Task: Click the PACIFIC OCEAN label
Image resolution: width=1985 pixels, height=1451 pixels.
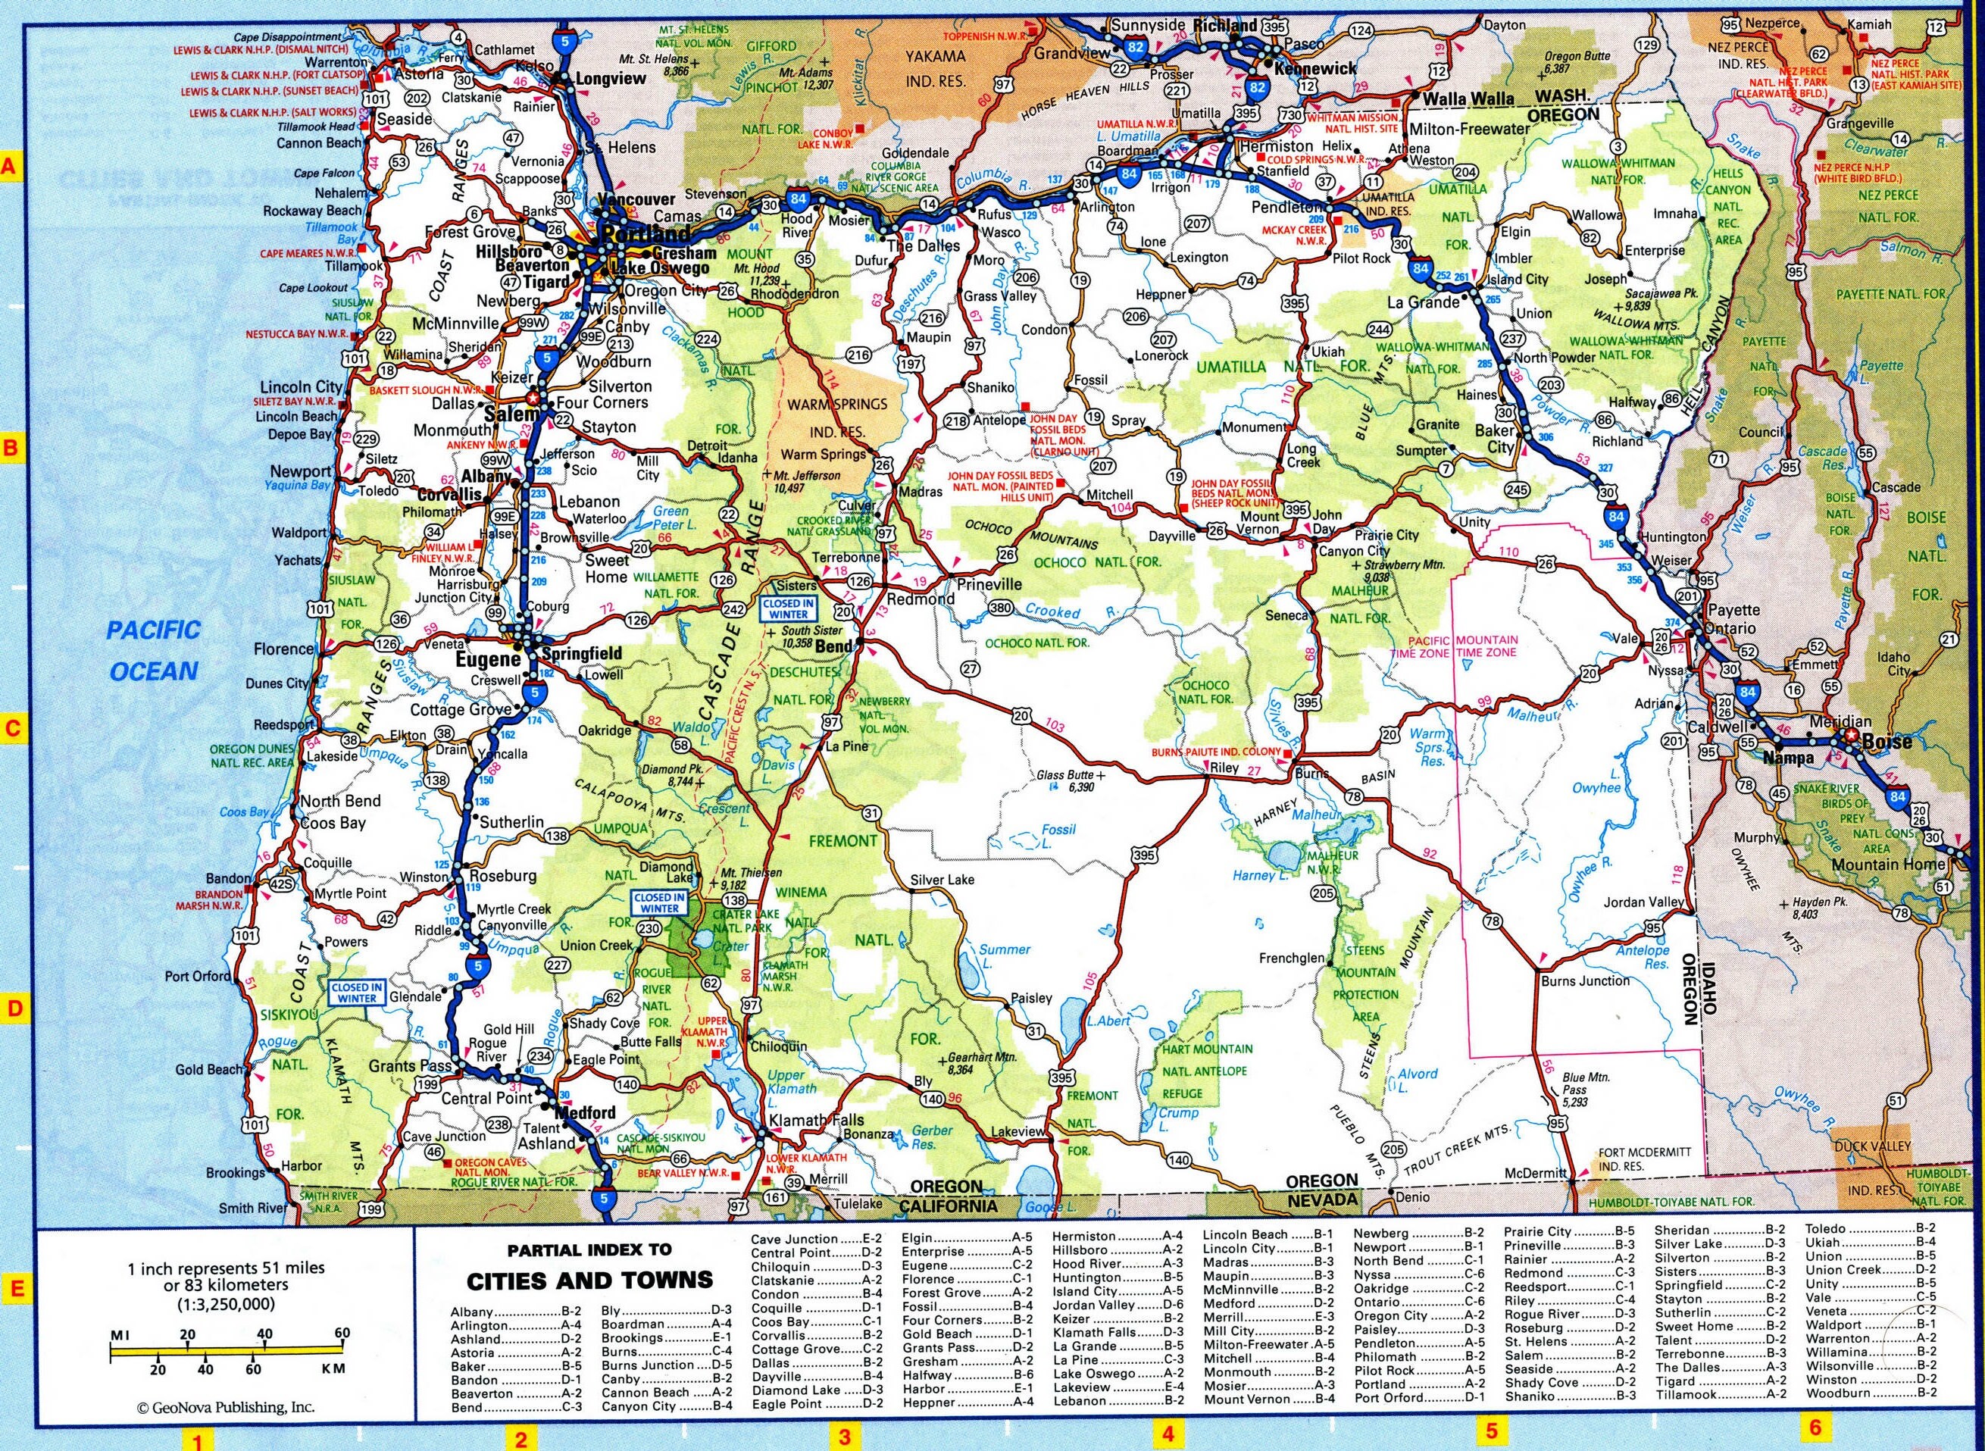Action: point(153,650)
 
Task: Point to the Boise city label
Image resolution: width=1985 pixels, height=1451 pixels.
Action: point(1887,741)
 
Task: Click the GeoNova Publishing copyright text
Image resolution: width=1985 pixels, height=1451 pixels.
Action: point(226,1431)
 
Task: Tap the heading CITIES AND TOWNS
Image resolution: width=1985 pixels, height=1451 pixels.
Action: point(589,1280)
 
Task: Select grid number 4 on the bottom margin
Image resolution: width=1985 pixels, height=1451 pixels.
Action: point(1168,1436)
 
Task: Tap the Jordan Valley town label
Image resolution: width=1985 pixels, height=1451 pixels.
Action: point(1643,902)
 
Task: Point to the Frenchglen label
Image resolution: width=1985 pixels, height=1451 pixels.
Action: point(1290,958)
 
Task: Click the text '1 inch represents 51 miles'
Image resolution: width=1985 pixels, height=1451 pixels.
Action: point(226,1268)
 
